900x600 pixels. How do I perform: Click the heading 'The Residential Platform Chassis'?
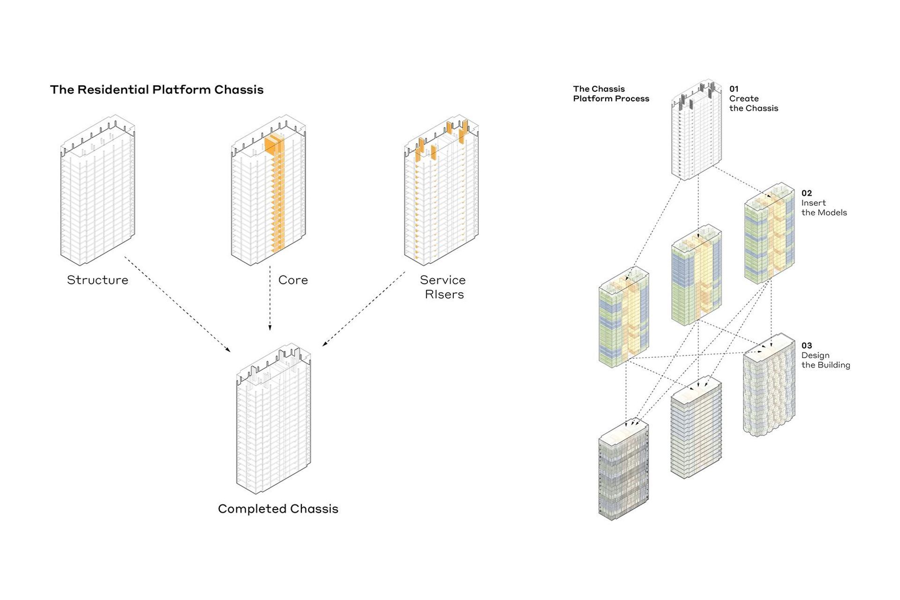click(157, 90)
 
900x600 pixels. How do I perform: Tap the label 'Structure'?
click(97, 280)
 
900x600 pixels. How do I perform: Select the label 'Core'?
click(293, 280)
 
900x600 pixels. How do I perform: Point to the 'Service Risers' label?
click(443, 287)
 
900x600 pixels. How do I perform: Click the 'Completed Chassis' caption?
click(278, 509)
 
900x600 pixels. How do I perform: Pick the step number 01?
click(734, 89)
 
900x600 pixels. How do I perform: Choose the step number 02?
click(806, 193)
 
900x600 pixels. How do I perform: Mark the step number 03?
click(806, 345)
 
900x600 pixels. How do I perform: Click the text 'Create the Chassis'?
click(753, 103)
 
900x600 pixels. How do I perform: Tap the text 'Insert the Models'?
click(824, 208)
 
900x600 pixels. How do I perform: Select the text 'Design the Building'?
click(825, 360)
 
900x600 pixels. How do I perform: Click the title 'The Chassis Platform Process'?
click(611, 94)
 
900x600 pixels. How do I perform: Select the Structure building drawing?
click(97, 190)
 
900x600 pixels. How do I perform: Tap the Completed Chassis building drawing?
click(273, 419)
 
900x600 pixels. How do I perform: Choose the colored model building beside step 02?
click(770, 233)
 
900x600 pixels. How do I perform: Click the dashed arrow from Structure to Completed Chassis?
click(177, 304)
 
